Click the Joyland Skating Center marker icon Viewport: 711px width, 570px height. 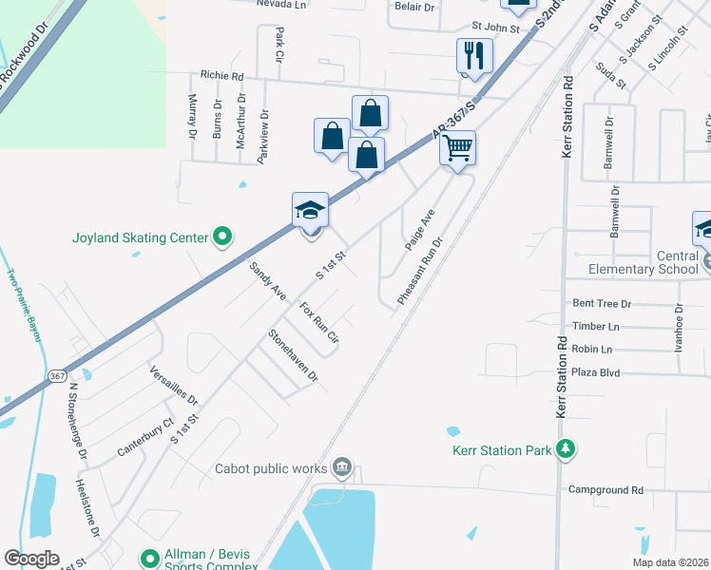coord(222,237)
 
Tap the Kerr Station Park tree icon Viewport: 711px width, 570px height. coord(566,448)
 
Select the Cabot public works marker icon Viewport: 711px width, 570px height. coord(343,467)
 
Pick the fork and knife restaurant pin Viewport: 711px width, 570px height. coord(472,56)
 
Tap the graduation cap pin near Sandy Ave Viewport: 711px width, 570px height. coord(310,210)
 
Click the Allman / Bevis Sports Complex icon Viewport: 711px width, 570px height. coord(149,559)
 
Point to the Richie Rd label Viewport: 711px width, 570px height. coord(221,76)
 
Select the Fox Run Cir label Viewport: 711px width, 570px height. coord(318,323)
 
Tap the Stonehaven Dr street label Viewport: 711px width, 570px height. coord(292,354)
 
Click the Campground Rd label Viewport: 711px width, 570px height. coord(605,490)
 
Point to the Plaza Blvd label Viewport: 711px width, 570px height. coord(596,372)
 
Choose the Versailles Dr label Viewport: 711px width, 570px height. coord(173,385)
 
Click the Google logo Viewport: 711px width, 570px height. coord(31,559)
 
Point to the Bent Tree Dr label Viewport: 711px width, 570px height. coord(602,304)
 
